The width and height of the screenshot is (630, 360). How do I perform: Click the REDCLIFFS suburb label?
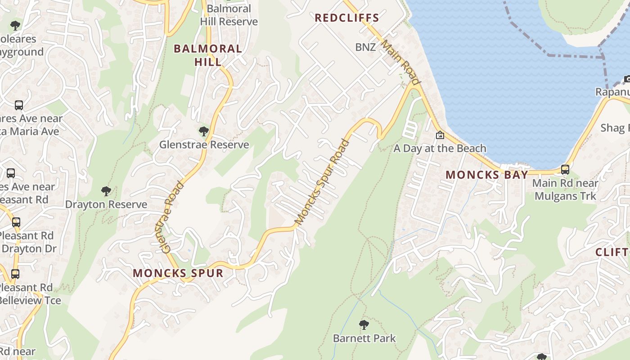coord(346,18)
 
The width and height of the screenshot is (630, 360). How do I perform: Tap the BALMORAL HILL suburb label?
coord(208,55)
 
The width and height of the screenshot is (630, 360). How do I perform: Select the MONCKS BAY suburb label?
coord(486,175)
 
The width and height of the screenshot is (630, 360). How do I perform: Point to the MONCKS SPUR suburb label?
coord(178,273)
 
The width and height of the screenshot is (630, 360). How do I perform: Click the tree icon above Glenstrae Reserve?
coord(203,131)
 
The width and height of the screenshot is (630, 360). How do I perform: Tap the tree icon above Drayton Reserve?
coord(106,191)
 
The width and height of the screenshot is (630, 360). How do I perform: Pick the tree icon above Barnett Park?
coord(364,324)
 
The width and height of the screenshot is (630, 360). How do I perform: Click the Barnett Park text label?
coord(364,338)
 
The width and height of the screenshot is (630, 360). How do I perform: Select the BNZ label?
coord(365,47)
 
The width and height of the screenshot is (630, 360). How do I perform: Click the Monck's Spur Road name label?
coord(322,182)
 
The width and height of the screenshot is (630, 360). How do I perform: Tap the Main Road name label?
coord(401,63)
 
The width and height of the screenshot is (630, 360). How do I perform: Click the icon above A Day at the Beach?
coord(440,135)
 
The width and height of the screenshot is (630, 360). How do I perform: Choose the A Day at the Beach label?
coord(440,148)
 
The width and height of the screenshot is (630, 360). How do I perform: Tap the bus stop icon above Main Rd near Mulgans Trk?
coord(565,170)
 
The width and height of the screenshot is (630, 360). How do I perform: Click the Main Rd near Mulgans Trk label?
coord(565,189)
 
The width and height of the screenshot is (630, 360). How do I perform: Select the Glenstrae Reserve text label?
coord(204,145)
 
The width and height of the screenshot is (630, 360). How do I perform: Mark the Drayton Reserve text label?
coord(106,205)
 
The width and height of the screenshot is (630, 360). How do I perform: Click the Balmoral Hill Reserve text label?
coord(229,15)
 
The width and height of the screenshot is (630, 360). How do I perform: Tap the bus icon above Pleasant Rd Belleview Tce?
coord(15,274)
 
